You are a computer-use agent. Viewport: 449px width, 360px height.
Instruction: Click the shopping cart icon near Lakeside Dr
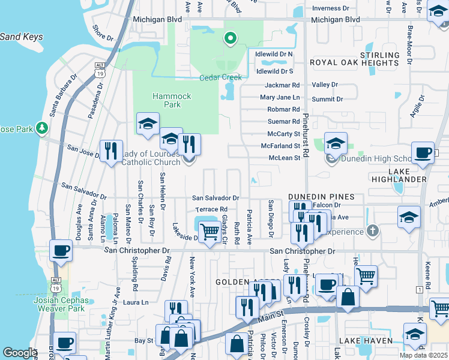pyautogui.click(x=209, y=231)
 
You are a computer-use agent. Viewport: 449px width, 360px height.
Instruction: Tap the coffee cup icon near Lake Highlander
pyautogui.click(x=423, y=152)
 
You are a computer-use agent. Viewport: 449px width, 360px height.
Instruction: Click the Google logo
pyautogui.click(x=20, y=353)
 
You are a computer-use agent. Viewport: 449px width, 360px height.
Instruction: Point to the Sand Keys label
pyautogui.click(x=21, y=37)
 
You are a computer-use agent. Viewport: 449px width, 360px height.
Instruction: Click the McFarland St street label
pyautogui.click(x=280, y=145)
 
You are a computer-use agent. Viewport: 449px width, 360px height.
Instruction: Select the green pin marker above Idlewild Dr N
pyautogui.click(x=229, y=40)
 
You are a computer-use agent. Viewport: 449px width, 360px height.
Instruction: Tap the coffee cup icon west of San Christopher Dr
pyautogui.click(x=61, y=250)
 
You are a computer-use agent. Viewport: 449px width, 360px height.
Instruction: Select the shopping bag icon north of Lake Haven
pyautogui.click(x=348, y=296)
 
